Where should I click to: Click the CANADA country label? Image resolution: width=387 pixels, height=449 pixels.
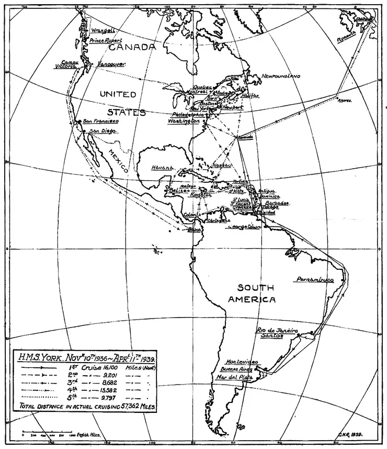[132, 48]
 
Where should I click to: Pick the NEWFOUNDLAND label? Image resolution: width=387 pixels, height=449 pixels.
[281, 76]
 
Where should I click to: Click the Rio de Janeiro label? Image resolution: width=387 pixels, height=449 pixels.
[277, 330]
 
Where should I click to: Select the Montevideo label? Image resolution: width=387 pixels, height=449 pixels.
[242, 362]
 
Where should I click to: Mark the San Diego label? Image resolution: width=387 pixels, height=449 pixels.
[103, 131]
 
